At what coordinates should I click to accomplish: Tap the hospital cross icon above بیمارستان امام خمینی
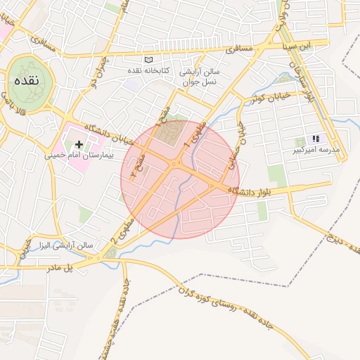pos(79,143)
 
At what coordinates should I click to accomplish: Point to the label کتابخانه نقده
pos(146,71)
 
